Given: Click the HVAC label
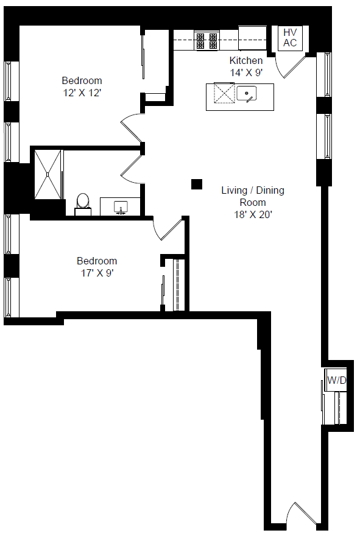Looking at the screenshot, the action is tap(290, 38).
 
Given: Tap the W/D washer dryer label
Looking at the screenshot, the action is tap(336, 380).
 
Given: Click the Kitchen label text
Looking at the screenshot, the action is tap(246, 60).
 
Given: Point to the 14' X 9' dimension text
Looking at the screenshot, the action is tap(246, 72).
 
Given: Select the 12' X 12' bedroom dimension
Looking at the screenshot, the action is tap(82, 93).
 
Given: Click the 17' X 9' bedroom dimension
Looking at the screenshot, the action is tap(97, 273).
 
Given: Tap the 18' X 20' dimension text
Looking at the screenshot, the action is tap(253, 214).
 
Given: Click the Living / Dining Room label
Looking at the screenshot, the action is tap(253, 196).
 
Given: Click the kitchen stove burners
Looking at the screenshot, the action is tap(206, 40).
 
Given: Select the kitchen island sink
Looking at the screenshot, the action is tap(247, 93).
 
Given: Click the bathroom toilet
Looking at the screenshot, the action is tap(83, 205).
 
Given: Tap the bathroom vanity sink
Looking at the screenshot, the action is tap(121, 207).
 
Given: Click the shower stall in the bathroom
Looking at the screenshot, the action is tap(48, 174).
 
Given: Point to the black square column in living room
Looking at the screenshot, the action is tap(197, 184).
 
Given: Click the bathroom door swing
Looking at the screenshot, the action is tap(131, 169).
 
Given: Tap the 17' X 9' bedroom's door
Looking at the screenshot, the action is tap(168, 230).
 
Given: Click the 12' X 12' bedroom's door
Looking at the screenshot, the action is tap(131, 128).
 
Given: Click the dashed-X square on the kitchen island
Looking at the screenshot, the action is tap(224, 93).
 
